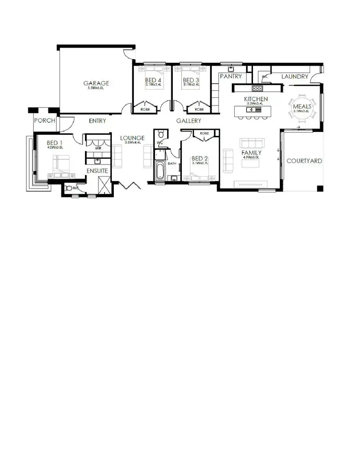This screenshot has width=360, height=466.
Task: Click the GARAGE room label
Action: pos(96,83)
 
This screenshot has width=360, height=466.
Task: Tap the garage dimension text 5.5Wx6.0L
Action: pos(96,88)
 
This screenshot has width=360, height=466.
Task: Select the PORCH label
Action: pos(44,121)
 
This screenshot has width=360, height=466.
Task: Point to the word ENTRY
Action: pos(97,121)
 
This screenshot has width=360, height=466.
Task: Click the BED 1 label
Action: pos(54,143)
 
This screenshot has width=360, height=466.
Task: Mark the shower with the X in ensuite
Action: pos(103,185)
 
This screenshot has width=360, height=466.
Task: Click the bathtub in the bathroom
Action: pos(160,170)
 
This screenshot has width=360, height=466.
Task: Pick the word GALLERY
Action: pos(189,121)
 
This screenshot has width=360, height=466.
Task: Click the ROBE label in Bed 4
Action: pos(145,109)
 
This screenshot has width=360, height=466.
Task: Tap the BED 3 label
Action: pos(191,80)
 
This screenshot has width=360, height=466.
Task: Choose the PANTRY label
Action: pos(230,76)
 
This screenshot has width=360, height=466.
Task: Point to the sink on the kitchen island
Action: pos(250,110)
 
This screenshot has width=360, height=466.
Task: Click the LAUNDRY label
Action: pos(294,76)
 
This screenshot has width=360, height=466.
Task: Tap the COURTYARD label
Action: pos(304,161)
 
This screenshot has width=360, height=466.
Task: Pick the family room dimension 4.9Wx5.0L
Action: pos(251,157)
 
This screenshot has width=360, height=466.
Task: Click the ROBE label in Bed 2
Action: pos(204,133)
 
